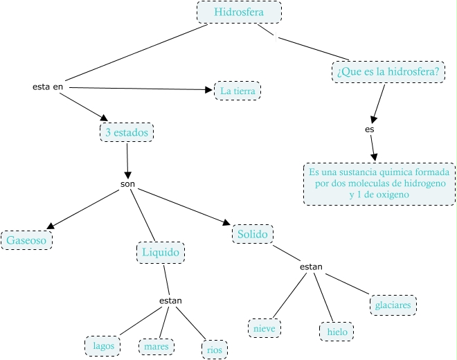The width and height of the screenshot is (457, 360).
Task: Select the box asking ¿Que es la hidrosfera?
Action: click(x=388, y=71)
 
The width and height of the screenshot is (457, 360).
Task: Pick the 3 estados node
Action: click(x=127, y=132)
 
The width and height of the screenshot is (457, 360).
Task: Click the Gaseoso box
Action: click(x=27, y=240)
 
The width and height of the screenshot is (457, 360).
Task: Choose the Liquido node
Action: click(x=161, y=253)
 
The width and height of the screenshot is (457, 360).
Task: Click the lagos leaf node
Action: click(x=103, y=345)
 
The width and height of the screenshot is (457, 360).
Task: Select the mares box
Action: click(x=156, y=345)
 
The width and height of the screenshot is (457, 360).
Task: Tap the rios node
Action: click(x=214, y=350)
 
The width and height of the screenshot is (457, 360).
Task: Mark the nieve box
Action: click(x=265, y=326)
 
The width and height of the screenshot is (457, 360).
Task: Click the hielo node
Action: click(x=336, y=332)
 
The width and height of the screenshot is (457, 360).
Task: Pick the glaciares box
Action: click(x=393, y=305)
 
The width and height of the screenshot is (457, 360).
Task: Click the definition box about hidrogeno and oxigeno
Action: click(x=379, y=183)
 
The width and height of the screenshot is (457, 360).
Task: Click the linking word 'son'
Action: click(x=127, y=185)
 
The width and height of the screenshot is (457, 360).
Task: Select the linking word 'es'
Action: click(x=369, y=129)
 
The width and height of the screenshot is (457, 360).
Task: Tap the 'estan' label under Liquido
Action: click(x=170, y=300)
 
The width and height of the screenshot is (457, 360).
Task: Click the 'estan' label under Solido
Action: click(x=311, y=267)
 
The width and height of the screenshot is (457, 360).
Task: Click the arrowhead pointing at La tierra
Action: click(x=209, y=89)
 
